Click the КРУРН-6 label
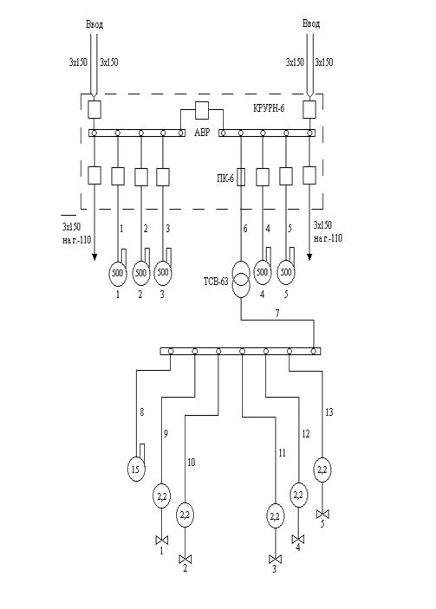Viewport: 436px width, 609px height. (x=269, y=108)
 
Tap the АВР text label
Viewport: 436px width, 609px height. (x=202, y=133)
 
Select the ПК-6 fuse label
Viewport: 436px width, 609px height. (x=225, y=178)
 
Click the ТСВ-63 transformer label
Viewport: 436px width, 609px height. (x=216, y=282)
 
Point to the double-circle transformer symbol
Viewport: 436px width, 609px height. (x=241, y=280)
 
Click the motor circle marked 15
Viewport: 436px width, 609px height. (x=135, y=470)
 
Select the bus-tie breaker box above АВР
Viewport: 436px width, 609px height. (x=202, y=110)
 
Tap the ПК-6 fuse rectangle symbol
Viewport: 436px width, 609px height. (x=241, y=177)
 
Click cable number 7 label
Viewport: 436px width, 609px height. (x=277, y=314)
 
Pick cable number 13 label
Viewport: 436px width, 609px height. (x=329, y=412)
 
